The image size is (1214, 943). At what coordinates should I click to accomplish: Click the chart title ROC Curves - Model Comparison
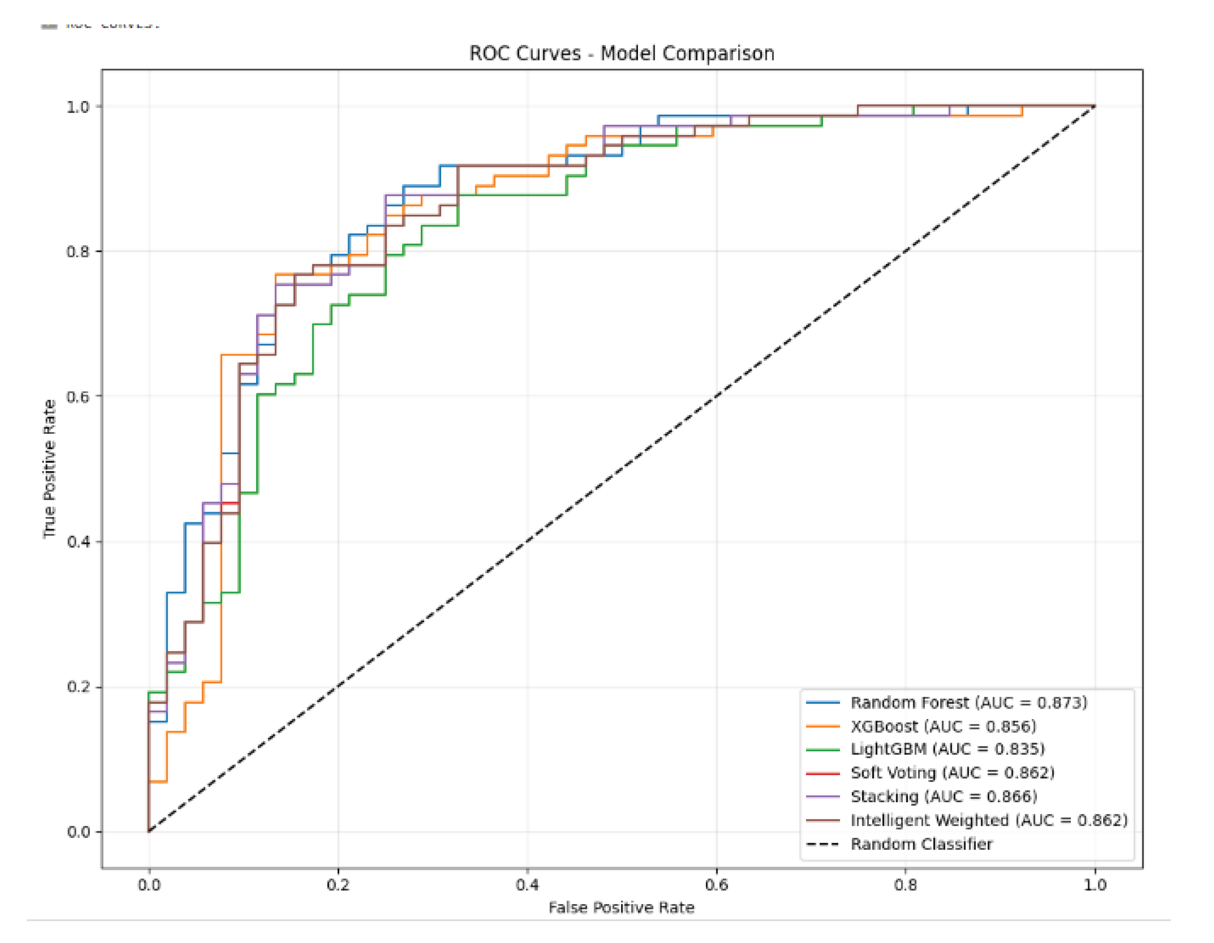[621, 53]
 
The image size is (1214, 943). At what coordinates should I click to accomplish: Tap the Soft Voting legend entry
[952, 773]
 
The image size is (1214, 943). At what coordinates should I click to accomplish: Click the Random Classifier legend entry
[921, 844]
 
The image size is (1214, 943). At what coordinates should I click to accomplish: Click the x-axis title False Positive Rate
[621, 908]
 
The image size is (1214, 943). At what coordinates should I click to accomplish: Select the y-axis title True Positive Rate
[50, 469]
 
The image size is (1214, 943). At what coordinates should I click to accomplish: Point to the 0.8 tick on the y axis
[78, 251]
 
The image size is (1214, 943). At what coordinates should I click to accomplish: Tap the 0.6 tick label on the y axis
[78, 397]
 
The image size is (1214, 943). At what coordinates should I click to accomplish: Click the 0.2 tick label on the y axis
[78, 687]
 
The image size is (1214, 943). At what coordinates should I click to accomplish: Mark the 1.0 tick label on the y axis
[78, 107]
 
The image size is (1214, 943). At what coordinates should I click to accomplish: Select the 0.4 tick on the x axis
[527, 885]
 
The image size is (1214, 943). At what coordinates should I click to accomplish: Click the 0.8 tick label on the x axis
[905, 885]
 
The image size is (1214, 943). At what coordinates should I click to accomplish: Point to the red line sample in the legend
[823, 773]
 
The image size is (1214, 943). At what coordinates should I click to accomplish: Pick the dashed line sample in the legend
[823, 844]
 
